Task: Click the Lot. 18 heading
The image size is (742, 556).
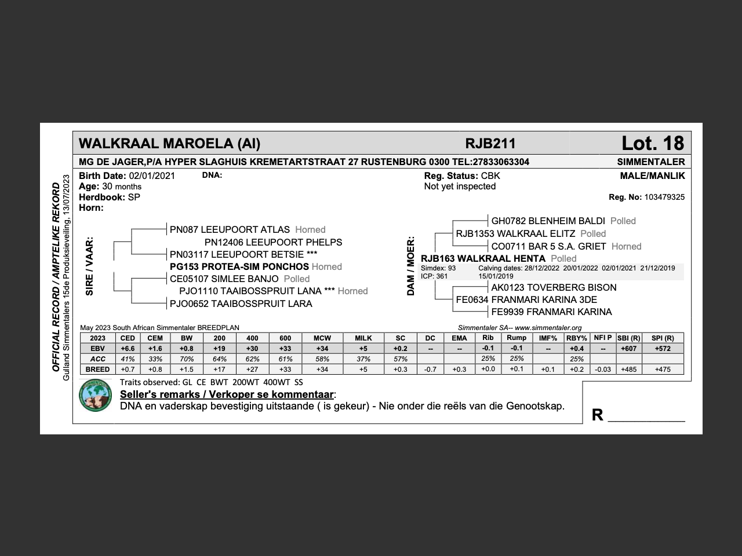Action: [x=652, y=143]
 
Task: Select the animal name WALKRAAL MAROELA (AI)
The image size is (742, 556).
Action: [x=169, y=144]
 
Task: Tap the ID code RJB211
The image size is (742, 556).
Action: [x=490, y=144]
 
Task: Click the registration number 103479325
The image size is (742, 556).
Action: [x=664, y=197]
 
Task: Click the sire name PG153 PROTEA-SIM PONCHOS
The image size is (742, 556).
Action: [x=239, y=266]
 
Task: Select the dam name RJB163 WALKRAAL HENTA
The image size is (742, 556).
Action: [x=483, y=258]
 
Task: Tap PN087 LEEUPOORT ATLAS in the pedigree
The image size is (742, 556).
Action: [x=230, y=229]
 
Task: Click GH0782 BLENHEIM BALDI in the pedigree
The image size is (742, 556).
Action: [x=548, y=221]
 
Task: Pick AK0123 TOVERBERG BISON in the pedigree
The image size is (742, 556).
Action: [x=554, y=287]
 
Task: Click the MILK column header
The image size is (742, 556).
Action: [x=363, y=338]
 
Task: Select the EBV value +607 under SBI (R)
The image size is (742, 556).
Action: [x=628, y=349]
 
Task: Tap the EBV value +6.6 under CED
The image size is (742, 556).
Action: [x=128, y=349]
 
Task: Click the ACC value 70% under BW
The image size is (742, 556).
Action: [x=186, y=359]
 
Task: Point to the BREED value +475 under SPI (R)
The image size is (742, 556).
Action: [x=662, y=370]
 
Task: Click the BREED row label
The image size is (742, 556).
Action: [x=97, y=370]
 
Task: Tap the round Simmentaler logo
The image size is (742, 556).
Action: [x=95, y=395]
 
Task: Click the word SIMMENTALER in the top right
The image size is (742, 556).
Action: [x=650, y=162]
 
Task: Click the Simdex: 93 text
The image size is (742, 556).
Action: [x=438, y=268]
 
